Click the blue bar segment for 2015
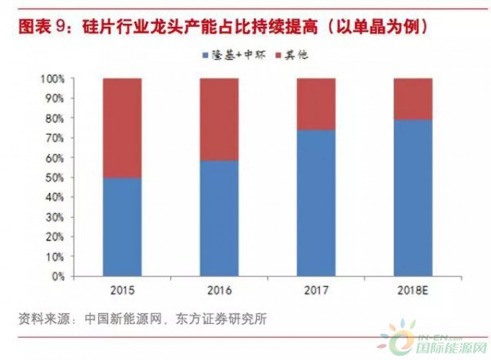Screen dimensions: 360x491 122,227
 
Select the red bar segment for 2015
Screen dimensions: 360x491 122,128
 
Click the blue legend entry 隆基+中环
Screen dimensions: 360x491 226,56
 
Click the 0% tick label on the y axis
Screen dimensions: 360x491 59,277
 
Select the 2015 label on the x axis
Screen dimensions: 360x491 122,291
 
